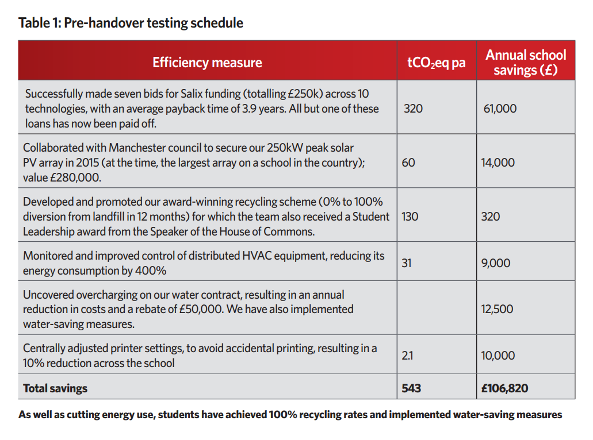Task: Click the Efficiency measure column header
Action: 207,62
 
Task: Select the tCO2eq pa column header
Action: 437,62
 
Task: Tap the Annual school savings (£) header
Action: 526,62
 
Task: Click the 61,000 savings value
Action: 500,109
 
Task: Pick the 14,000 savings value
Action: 498,163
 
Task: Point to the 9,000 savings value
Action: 496,263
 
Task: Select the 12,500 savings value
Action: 497,309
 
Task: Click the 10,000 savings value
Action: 498,356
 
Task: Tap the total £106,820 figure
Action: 504,388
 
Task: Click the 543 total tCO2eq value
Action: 411,388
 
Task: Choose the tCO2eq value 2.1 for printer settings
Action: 407,356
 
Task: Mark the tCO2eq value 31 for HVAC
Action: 407,263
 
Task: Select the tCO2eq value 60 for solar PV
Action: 408,163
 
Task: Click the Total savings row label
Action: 55,388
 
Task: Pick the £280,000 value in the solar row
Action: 76,177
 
